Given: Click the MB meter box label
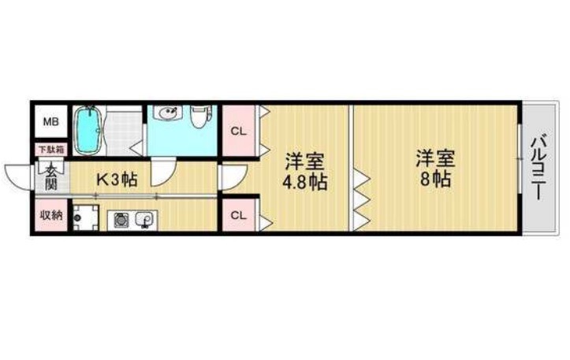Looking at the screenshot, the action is [x=51, y=121].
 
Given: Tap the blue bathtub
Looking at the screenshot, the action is [x=88, y=130].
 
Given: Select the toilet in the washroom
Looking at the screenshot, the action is [x=199, y=116].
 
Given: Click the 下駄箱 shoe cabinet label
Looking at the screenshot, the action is [x=51, y=150].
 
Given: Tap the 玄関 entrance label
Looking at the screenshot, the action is [x=51, y=177].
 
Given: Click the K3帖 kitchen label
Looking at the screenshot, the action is [x=117, y=179].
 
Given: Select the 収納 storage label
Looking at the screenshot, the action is [x=51, y=215].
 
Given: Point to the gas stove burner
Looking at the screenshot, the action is [x=120, y=220].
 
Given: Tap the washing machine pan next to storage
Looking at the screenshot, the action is [x=86, y=217].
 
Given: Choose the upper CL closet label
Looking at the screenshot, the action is [x=239, y=131].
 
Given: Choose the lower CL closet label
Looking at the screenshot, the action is [x=239, y=215].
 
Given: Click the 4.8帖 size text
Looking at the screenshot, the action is [x=305, y=182].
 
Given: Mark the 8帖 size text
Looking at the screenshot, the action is [x=435, y=178].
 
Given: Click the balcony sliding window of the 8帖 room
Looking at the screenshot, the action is [x=520, y=159].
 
